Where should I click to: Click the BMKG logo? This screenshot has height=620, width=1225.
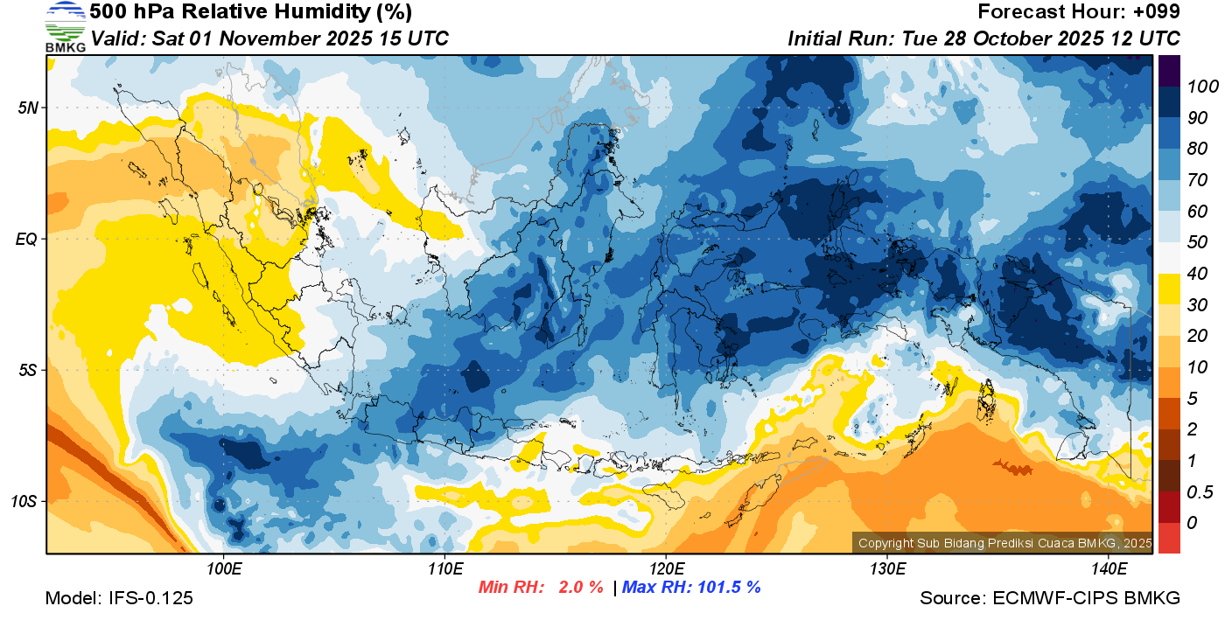65,26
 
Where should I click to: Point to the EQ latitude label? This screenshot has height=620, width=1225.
26,238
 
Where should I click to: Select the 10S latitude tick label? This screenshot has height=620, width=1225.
24,502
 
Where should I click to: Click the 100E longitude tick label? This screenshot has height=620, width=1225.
224,570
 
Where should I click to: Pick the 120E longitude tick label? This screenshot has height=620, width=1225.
666,570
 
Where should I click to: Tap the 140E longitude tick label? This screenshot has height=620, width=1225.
1109,570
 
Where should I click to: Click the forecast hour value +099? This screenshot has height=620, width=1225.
1157,12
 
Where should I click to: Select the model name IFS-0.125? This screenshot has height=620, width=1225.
150,598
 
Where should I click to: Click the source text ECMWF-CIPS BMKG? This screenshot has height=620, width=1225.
1086,598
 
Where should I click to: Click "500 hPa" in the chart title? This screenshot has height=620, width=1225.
123,12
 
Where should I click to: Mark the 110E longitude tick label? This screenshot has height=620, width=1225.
445,570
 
